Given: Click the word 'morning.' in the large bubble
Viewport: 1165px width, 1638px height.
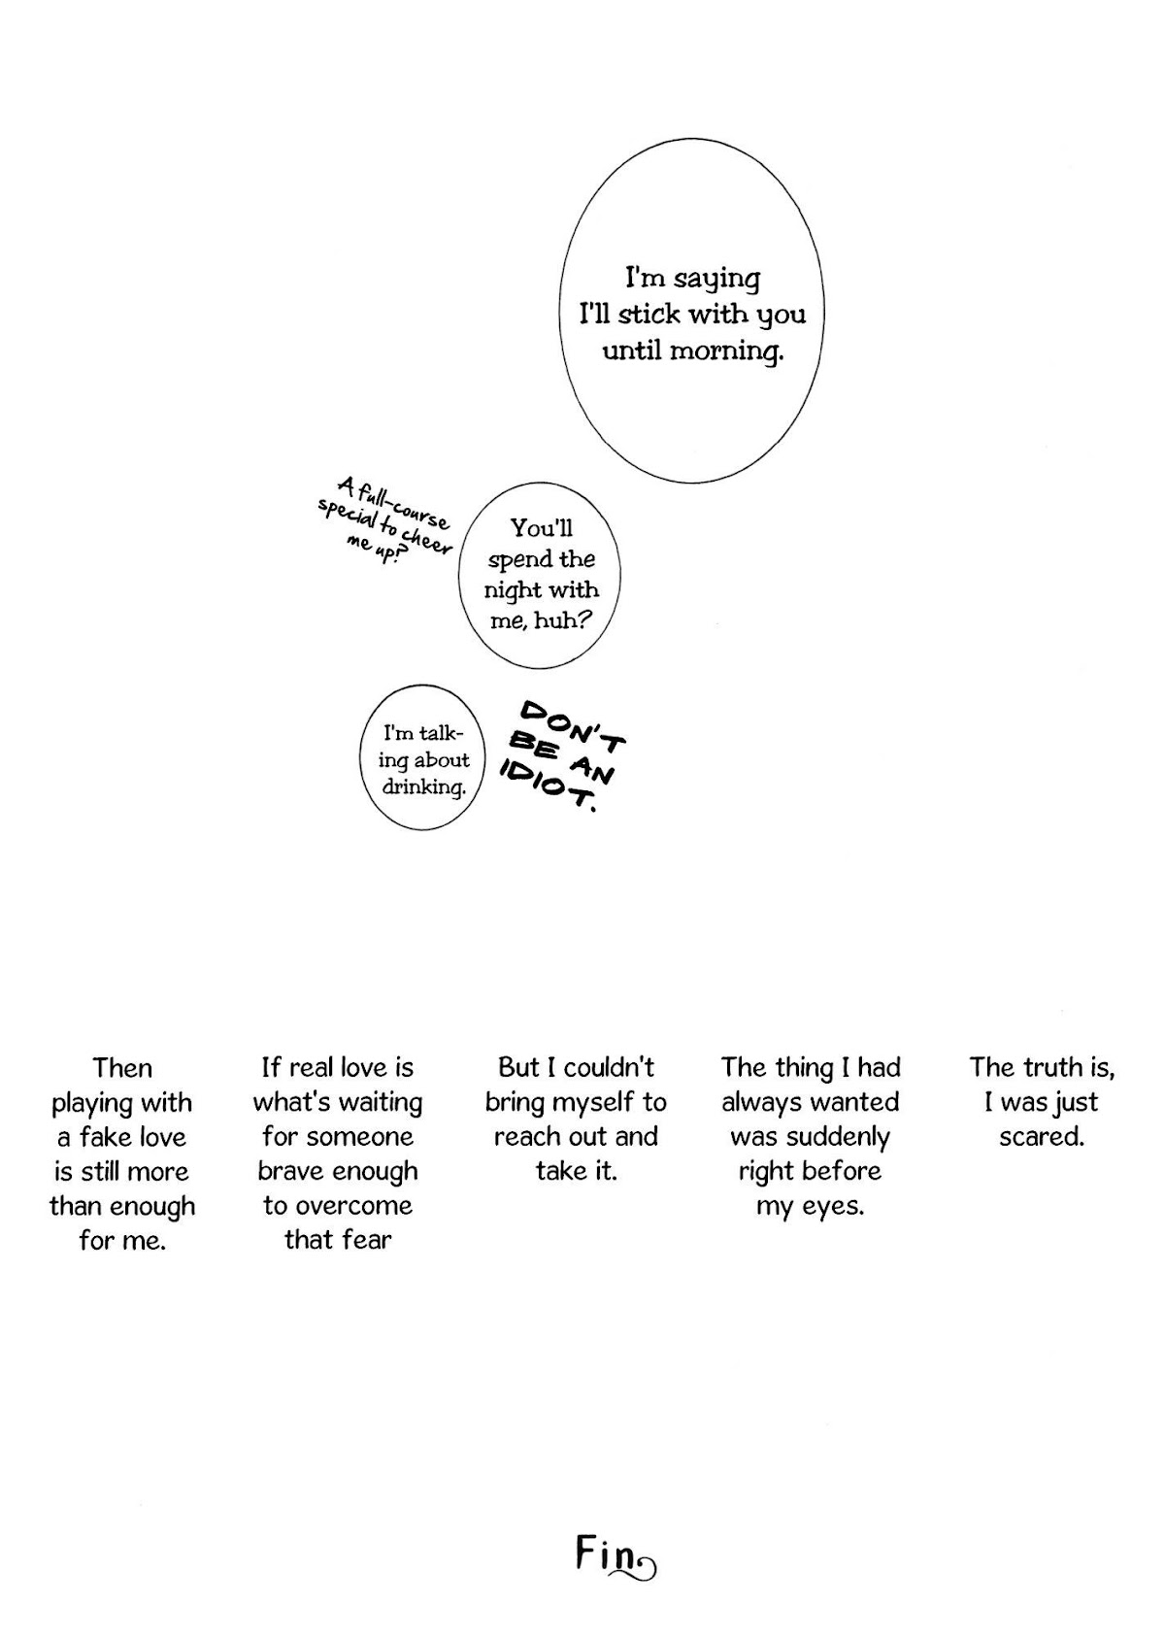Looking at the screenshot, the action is [x=726, y=352].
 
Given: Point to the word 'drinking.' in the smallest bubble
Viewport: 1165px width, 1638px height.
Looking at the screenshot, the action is [x=423, y=788].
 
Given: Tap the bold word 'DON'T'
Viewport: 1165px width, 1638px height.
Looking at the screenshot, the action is [x=573, y=726].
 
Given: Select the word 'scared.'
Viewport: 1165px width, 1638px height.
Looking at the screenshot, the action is [x=1042, y=1137].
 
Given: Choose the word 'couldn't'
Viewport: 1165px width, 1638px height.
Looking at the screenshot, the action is [x=609, y=1068].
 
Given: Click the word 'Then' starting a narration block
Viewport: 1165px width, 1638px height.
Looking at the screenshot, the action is [x=122, y=1069].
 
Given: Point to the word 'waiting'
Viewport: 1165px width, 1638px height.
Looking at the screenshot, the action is [x=379, y=1103].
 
